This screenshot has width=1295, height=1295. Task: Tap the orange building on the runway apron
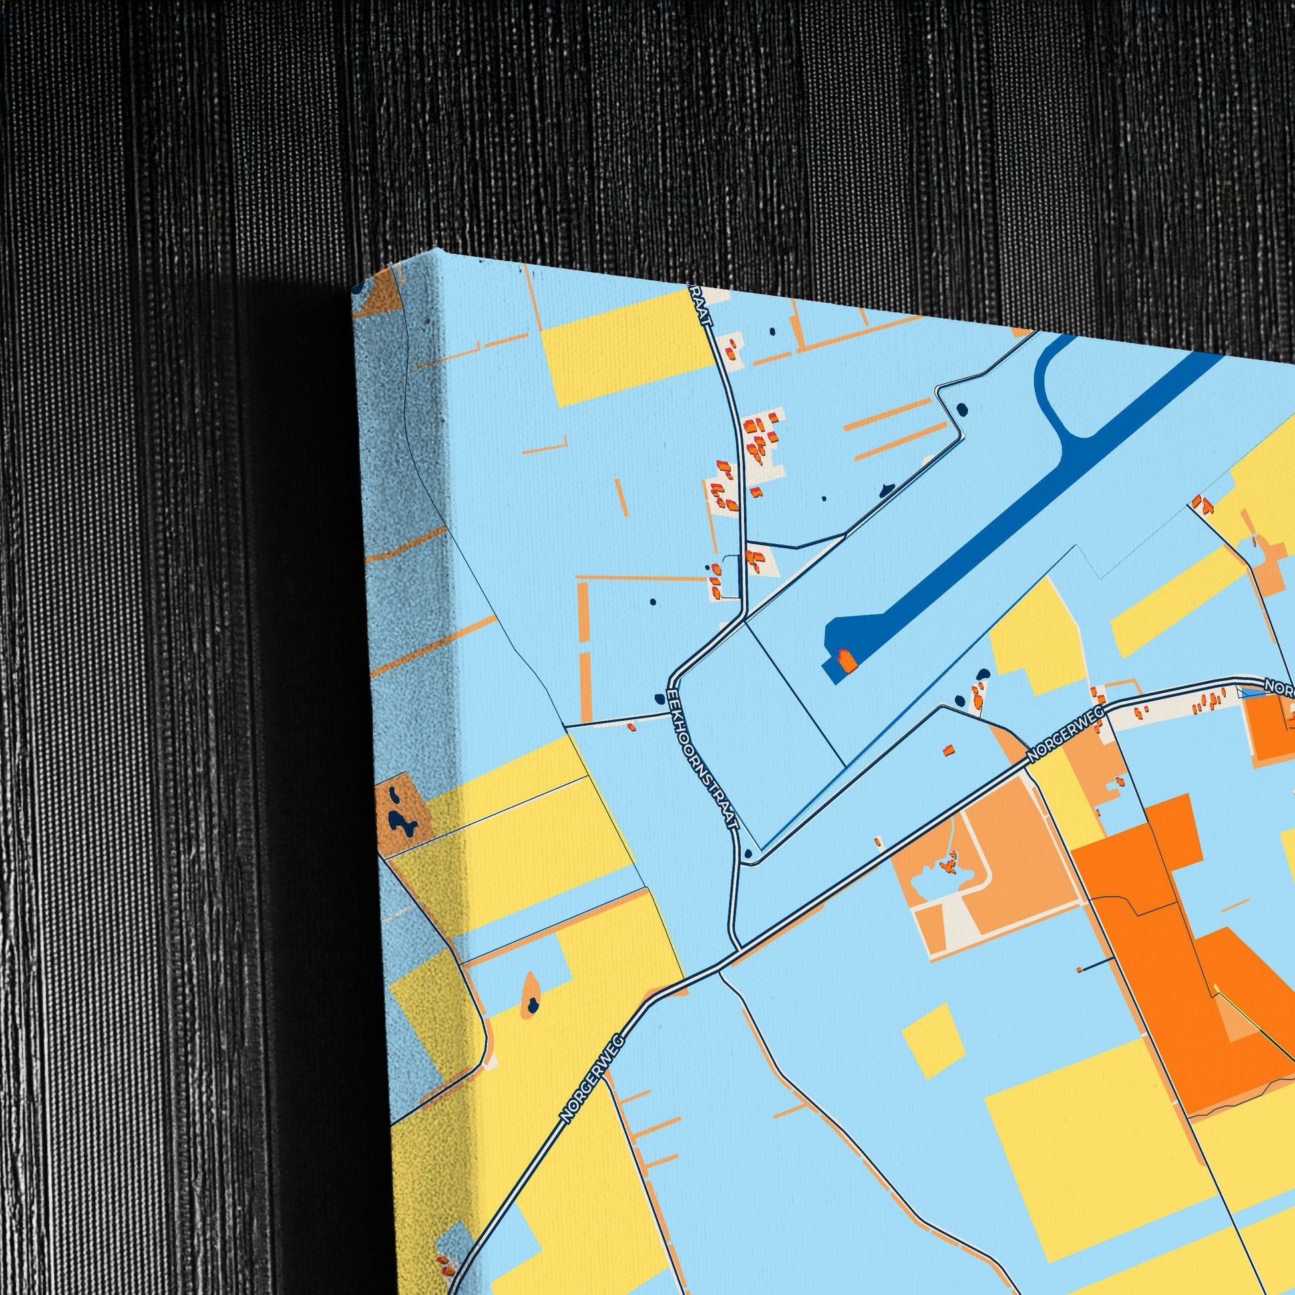(x=848, y=661)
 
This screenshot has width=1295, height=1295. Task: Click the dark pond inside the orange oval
(x=532, y=1005)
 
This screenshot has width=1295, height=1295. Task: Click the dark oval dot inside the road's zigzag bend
(x=963, y=408)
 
